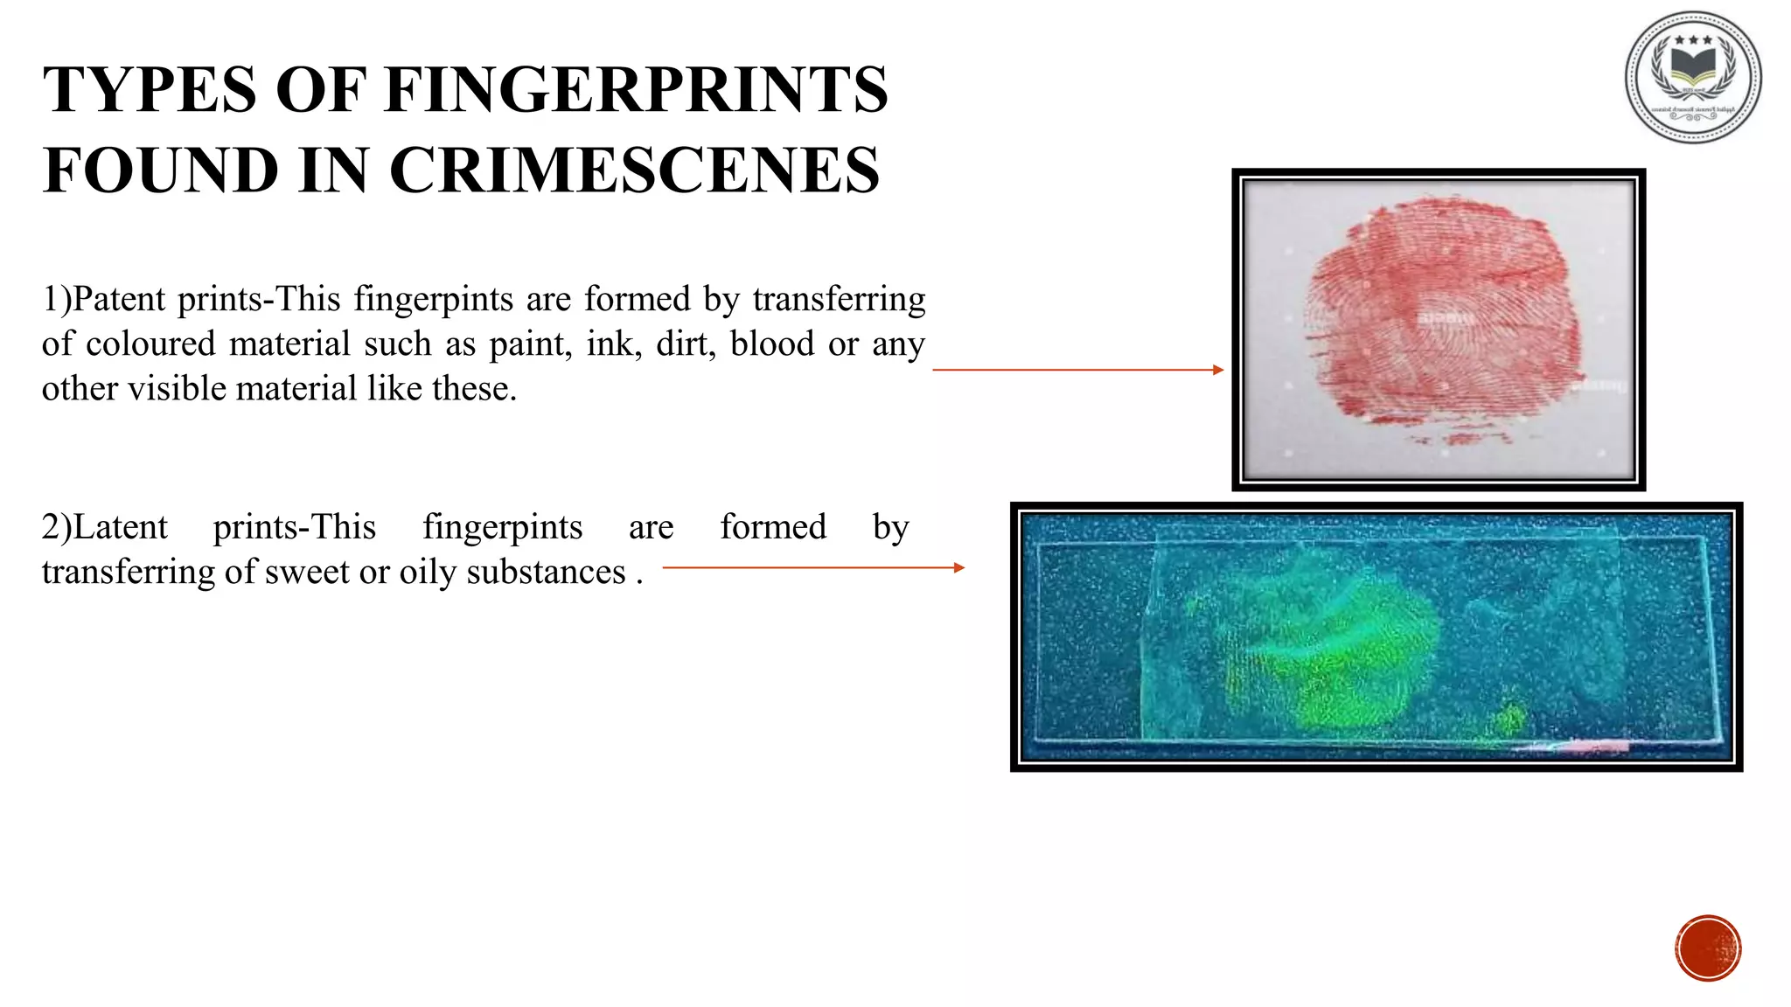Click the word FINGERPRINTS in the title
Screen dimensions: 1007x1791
(x=636, y=90)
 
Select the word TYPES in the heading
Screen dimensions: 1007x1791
(x=150, y=90)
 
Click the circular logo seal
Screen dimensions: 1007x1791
(x=1693, y=77)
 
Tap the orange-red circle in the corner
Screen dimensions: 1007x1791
(x=1708, y=948)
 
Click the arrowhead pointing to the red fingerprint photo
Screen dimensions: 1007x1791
(x=1218, y=370)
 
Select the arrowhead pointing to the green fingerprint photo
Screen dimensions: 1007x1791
(x=959, y=568)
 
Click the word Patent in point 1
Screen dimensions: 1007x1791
(x=119, y=300)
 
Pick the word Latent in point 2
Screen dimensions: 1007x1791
(x=120, y=528)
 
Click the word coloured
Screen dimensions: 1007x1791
(x=150, y=344)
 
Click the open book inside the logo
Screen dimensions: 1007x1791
(x=1693, y=66)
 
